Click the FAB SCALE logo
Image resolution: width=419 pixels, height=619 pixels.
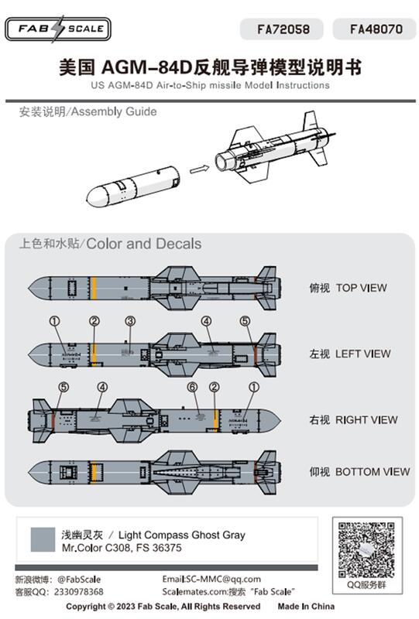click(x=57, y=29)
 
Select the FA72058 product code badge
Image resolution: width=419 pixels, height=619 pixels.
click(x=284, y=29)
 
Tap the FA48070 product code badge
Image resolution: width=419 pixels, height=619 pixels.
click(x=376, y=29)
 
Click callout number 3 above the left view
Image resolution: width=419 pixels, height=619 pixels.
click(x=130, y=320)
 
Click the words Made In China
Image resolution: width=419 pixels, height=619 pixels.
click(x=307, y=607)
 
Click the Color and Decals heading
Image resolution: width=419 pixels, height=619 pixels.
click(x=144, y=244)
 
